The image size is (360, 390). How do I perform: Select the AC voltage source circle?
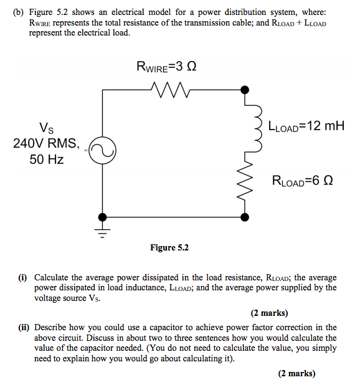pyautogui.click(x=102, y=152)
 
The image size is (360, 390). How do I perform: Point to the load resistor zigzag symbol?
pyautogui.click(x=246, y=184)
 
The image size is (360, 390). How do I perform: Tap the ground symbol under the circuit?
pyautogui.click(x=102, y=231)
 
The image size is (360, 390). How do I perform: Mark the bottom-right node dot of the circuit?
pyautogui.click(x=246, y=216)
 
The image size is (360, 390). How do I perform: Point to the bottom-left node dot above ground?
pyautogui.click(x=102, y=216)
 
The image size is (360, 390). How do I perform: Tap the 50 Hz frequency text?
pyautogui.click(x=47, y=159)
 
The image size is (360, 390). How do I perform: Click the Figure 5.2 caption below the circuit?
pyautogui.click(x=169, y=248)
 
